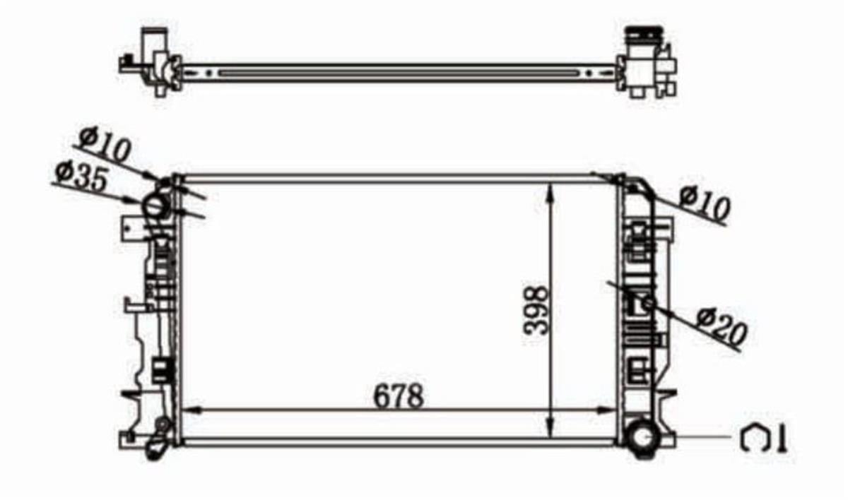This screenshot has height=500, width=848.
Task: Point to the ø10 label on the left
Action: pos(107,145)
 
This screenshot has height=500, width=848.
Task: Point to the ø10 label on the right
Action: pos(704,203)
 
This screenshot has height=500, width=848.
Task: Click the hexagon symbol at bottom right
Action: pos(755,439)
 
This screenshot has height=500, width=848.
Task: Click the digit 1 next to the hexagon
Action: pos(781,439)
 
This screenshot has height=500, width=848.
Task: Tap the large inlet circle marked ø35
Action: pos(156,206)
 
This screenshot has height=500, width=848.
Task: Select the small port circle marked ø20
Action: pos(647,304)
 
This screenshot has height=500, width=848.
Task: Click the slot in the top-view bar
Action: pos(396,72)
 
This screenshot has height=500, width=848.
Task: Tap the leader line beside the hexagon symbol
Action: pos(696,438)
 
